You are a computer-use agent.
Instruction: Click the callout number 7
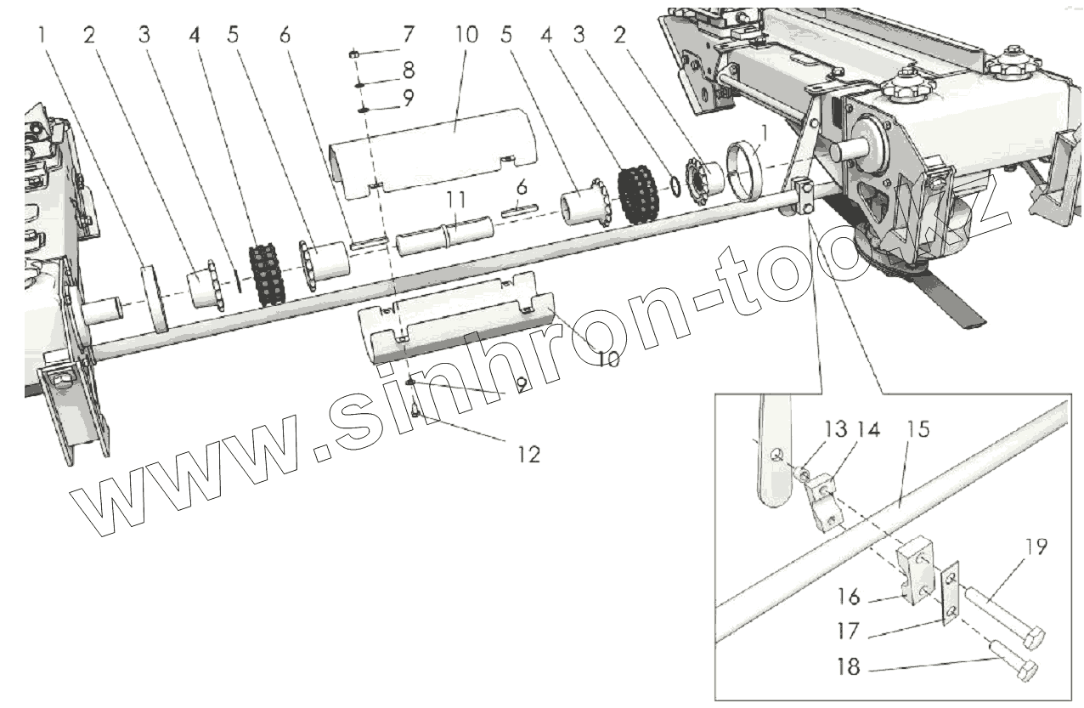click(409, 36)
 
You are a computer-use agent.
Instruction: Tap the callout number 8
click(409, 67)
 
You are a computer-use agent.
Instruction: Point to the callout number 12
click(528, 454)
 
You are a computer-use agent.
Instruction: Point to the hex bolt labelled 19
click(1011, 620)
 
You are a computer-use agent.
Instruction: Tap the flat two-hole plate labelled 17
click(951, 595)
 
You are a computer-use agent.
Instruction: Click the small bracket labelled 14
click(825, 503)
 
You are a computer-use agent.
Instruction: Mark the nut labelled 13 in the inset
click(801, 470)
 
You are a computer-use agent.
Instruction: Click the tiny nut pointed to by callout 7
click(354, 54)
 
